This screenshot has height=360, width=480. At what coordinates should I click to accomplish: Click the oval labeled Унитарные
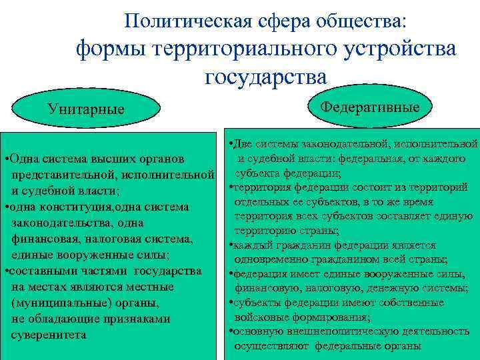click(x=85, y=109)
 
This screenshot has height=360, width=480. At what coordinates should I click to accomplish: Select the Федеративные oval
click(x=370, y=107)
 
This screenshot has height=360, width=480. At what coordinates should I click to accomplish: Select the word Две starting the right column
click(x=241, y=143)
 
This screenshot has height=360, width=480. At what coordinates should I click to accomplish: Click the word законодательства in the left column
click(x=63, y=223)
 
